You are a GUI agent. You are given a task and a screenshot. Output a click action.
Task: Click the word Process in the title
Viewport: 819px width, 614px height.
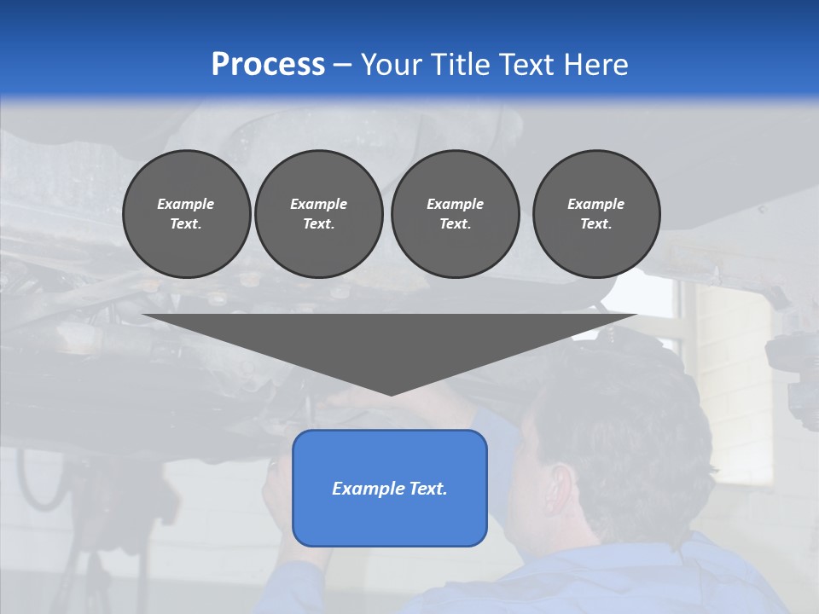(x=268, y=65)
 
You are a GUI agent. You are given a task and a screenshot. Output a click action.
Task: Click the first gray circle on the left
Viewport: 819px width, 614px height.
(x=186, y=214)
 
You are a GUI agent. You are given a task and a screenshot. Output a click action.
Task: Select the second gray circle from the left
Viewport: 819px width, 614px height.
(x=318, y=214)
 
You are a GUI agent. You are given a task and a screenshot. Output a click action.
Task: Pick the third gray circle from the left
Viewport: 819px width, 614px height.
(x=455, y=214)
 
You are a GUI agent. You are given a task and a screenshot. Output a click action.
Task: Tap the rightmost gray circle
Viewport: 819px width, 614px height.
(x=596, y=214)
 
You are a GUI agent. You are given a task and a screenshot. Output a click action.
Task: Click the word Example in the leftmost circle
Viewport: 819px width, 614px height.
(x=186, y=204)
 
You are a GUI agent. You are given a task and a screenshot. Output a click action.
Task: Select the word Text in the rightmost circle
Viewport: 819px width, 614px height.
(x=595, y=224)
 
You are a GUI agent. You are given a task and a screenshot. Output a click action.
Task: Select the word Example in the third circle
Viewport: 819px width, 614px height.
(x=455, y=204)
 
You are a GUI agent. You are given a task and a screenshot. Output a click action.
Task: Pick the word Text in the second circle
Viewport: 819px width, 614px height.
(x=318, y=224)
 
